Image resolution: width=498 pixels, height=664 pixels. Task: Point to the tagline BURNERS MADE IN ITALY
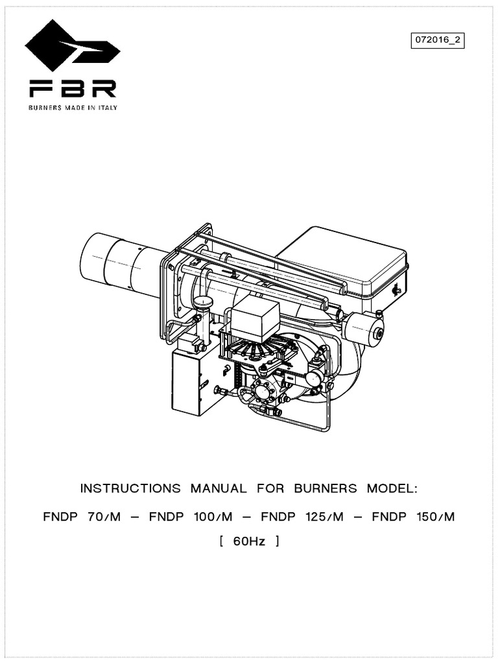[x=71, y=108]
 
